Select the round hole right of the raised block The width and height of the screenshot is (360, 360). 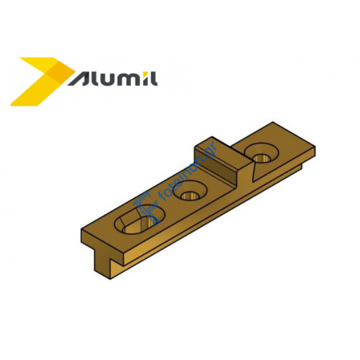point(262,155)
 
